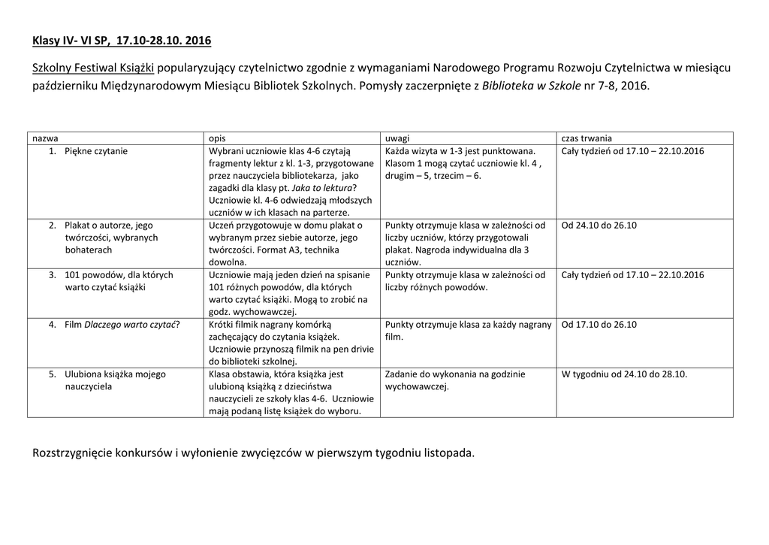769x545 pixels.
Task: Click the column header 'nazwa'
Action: click(x=45, y=138)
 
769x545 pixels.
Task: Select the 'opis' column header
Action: click(x=217, y=138)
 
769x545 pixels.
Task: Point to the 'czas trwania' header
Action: click(x=587, y=138)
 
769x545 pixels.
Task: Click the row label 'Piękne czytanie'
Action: click(x=96, y=151)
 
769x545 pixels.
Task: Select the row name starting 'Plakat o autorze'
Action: click(x=108, y=225)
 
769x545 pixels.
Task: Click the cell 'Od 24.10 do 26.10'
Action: click(x=599, y=225)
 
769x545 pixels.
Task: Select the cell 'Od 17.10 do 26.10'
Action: click(x=599, y=324)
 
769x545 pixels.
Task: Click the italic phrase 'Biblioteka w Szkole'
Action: click(x=531, y=86)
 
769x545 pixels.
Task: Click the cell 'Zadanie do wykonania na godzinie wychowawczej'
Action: click(x=454, y=380)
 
